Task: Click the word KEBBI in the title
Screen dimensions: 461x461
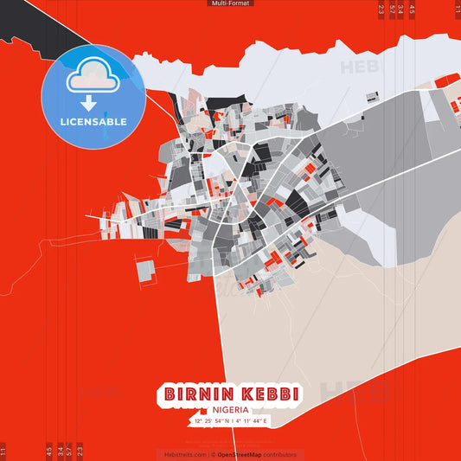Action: tap(269, 394)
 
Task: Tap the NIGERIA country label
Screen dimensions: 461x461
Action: tap(230, 409)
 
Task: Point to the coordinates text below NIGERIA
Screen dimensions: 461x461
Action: tap(230, 420)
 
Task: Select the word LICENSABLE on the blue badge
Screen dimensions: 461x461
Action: tap(93, 122)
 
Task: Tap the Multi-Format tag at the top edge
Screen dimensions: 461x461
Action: tap(230, 3)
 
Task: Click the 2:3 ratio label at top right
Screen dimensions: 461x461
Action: tap(381, 10)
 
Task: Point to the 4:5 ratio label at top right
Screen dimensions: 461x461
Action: tap(412, 10)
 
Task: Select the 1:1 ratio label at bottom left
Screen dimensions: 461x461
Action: tap(3, 451)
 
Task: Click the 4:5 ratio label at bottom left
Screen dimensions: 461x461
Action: tap(49, 451)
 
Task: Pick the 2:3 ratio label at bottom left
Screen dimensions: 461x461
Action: tap(80, 451)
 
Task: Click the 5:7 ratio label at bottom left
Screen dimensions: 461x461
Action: tap(70, 451)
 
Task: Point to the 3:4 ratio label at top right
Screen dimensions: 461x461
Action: tap(401, 10)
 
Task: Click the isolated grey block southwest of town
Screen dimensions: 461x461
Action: tap(145, 271)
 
